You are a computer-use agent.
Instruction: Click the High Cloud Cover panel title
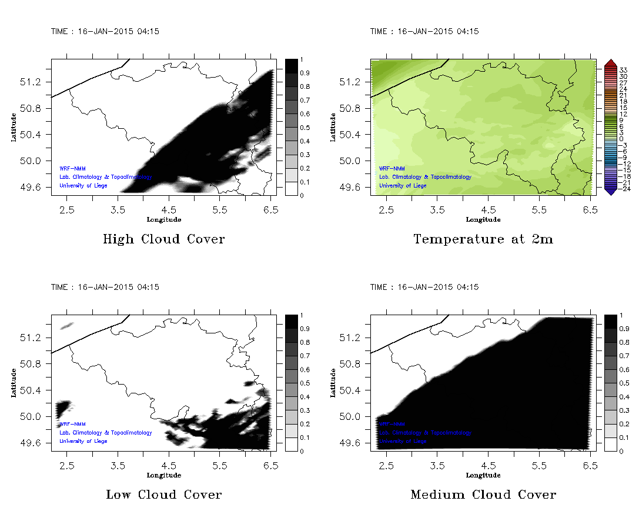163,239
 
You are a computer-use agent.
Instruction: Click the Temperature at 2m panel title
483,239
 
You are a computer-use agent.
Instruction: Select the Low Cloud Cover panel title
163,495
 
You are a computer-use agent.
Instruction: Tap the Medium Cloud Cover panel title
483,495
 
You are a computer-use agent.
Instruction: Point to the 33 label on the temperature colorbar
624,70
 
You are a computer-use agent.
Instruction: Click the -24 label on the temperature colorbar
623,189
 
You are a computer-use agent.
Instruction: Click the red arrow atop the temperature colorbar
610,63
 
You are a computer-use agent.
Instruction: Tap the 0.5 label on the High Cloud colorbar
306,128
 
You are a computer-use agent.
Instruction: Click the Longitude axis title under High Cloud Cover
163,219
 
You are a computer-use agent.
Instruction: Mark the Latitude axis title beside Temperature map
333,127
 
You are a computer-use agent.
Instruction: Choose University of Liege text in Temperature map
403,186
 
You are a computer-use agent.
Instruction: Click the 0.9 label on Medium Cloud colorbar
625,329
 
